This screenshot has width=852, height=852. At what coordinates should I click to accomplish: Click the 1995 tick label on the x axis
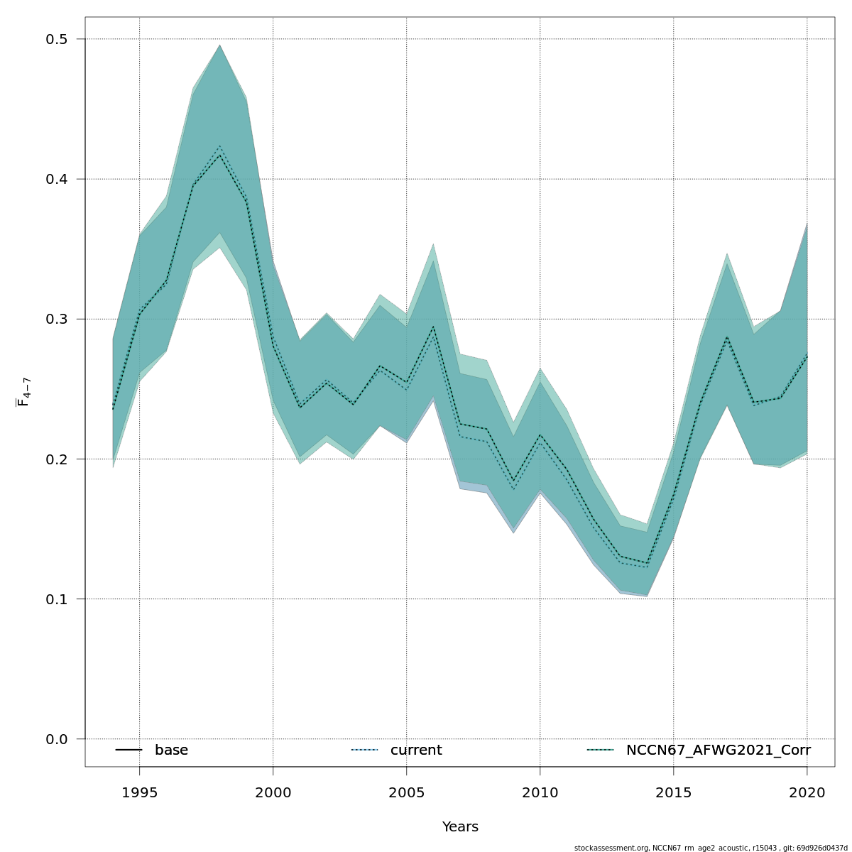click(x=139, y=792)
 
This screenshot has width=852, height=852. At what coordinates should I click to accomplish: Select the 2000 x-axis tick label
click(x=273, y=792)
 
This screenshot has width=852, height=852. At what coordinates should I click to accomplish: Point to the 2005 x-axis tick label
click(x=406, y=792)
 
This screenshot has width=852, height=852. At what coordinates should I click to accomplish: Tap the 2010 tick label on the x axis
click(x=540, y=792)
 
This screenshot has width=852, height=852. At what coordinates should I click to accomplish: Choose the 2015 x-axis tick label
click(x=673, y=792)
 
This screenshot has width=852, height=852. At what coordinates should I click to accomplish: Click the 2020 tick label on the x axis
click(x=807, y=792)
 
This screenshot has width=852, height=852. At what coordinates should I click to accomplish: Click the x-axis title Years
click(x=460, y=827)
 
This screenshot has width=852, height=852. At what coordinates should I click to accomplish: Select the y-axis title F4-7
click(x=23, y=392)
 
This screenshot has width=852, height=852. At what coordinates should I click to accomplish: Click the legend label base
click(x=171, y=750)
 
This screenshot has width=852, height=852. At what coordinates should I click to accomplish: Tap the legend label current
click(x=416, y=750)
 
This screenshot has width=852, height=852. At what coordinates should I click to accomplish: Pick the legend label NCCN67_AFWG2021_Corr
click(x=718, y=750)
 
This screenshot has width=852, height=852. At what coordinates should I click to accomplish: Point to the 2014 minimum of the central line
click(x=647, y=564)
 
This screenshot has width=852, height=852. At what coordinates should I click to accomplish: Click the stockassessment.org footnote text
click(x=711, y=848)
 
